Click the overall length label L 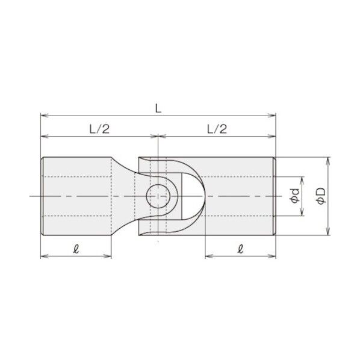pos(157,108)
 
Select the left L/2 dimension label pos(98,128)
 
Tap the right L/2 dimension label pos(216,128)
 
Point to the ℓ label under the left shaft pos(75,247)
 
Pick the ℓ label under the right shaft pos(240,247)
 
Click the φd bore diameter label pos(294,196)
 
